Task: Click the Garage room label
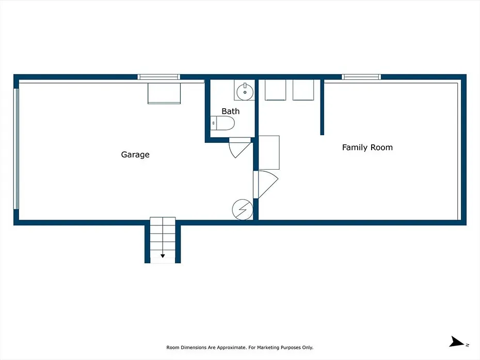point(135,155)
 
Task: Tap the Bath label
point(231,111)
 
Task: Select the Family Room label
point(367,148)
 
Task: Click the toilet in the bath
point(222,123)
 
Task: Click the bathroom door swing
point(239,148)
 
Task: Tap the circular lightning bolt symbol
point(243,209)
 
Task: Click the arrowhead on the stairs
point(163,256)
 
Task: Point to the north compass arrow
point(457,342)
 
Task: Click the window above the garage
point(158,77)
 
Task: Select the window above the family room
point(361,77)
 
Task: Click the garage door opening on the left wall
point(16,149)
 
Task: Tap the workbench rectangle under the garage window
point(164,93)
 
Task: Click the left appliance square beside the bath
point(275,90)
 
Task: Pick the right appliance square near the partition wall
point(303,90)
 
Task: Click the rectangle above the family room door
point(269,153)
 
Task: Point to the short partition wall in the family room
point(322,107)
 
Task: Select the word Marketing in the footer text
point(268,348)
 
